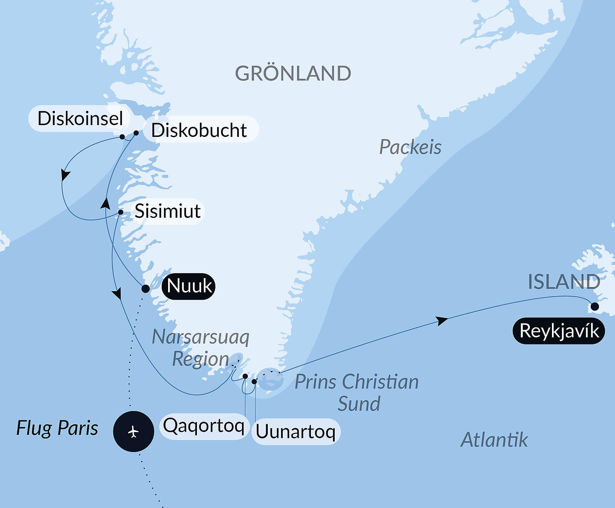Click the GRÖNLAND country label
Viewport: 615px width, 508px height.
[293, 73]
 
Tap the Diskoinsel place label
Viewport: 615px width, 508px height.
[80, 118]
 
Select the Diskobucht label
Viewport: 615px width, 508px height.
[199, 130]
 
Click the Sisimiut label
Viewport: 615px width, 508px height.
[167, 211]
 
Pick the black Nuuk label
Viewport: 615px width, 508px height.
[189, 286]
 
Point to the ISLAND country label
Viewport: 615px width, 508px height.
[564, 282]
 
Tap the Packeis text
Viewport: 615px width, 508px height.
[410, 147]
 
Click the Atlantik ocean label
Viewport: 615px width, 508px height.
[494, 440]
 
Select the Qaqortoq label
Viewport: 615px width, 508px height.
[203, 425]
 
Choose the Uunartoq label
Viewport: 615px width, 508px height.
[296, 432]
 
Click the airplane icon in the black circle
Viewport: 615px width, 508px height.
[134, 432]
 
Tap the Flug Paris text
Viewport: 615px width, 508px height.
[57, 428]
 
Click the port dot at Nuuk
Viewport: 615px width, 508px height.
[145, 288]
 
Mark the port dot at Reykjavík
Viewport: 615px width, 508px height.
[594, 306]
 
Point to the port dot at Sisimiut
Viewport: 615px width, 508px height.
[121, 212]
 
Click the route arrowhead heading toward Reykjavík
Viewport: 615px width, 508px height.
[442, 320]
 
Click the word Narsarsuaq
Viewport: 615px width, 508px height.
[200, 337]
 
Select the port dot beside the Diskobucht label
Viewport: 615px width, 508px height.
[136, 133]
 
